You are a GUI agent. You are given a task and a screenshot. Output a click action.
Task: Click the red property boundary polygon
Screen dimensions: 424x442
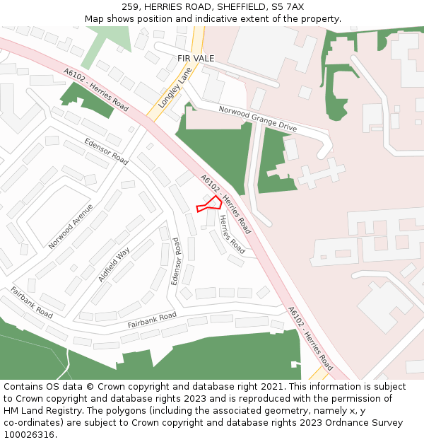coord(210,204)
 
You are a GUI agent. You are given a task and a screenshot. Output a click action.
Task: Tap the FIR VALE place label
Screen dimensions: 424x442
coord(196,58)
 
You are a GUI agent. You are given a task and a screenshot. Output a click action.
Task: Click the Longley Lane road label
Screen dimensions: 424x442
coord(170,92)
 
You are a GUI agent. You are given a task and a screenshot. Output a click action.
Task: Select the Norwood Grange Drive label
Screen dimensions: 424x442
coord(258,119)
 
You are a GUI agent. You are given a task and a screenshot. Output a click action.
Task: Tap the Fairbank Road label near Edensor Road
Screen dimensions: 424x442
coord(152,320)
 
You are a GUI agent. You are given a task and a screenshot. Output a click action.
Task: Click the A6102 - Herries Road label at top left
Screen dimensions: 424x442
coord(96,90)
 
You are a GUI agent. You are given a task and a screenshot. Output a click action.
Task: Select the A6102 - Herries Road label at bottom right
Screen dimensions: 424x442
coord(310,339)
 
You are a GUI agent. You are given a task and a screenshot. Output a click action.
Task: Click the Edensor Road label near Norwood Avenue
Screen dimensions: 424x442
coord(106,151)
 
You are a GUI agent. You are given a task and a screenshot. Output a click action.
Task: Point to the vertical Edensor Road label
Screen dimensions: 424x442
coord(176,261)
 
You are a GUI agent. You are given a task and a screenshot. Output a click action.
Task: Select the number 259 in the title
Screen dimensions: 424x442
coord(131,6)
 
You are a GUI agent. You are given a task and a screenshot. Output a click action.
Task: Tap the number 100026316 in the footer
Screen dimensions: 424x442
coord(29,435)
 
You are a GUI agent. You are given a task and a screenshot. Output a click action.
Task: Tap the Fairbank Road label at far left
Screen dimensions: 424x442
coord(32,302)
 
